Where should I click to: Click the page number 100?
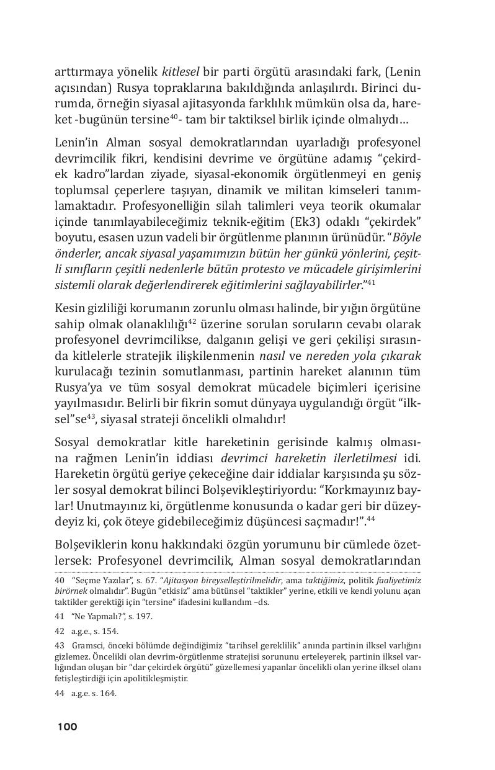(67, 727)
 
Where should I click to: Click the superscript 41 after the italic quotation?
(371, 282)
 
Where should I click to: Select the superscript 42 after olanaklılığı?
(192, 321)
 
